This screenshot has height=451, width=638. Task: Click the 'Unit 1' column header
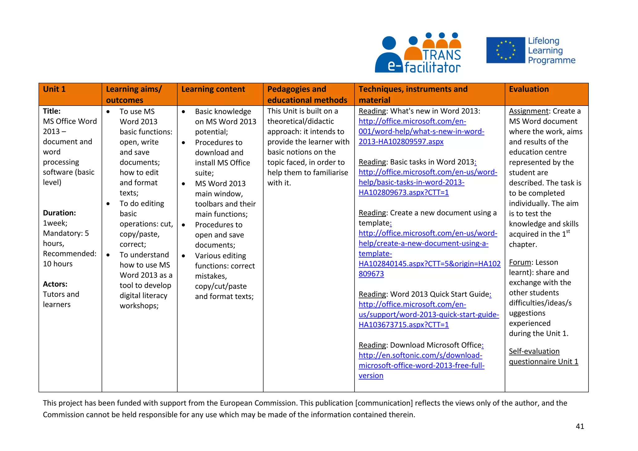(x=54, y=89)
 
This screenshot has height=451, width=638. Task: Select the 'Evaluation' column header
(x=529, y=89)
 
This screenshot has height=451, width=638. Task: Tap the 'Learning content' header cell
(x=213, y=89)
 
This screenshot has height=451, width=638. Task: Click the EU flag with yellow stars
(x=505, y=50)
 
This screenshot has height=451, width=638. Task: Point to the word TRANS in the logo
(x=441, y=55)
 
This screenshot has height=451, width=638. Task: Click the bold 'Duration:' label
(x=59, y=213)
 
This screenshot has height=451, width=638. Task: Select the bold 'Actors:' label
(x=55, y=284)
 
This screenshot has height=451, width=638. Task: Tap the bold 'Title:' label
(x=52, y=111)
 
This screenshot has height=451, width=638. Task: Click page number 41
(x=580, y=426)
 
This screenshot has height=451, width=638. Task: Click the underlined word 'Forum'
(x=520, y=262)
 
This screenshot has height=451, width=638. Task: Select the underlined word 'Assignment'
(x=528, y=111)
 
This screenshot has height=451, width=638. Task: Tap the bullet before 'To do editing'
(x=108, y=204)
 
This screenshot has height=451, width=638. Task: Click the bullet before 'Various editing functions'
(x=183, y=256)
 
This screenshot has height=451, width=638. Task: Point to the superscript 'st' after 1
(x=568, y=231)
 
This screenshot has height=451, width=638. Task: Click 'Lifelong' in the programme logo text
(x=544, y=41)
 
